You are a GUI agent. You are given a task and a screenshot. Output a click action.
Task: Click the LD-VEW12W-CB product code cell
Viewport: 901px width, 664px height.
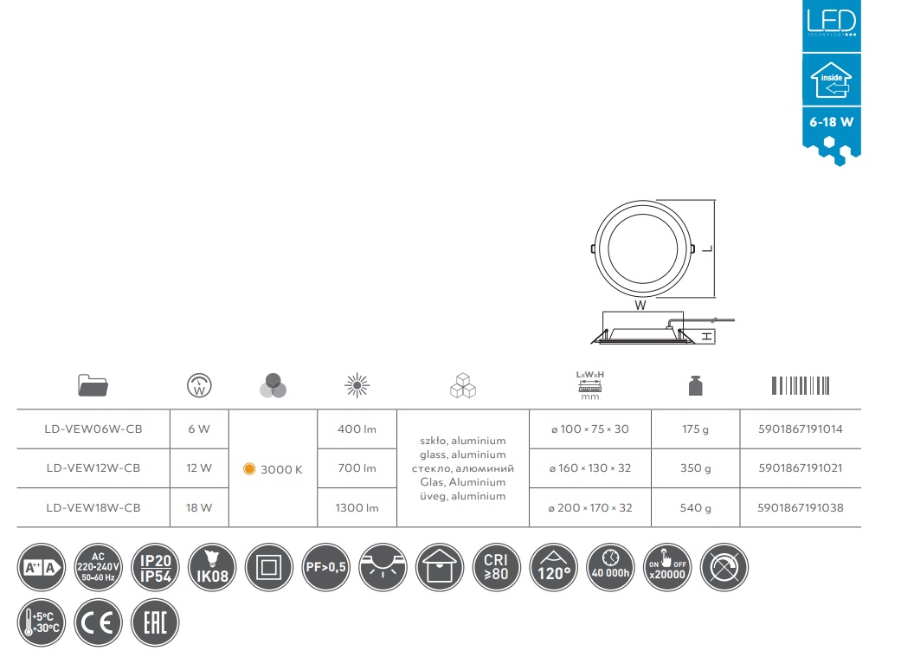click(93, 468)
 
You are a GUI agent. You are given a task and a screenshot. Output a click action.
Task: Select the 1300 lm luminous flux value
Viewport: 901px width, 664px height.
click(357, 507)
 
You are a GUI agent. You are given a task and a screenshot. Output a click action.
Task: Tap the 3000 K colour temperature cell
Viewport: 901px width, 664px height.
click(273, 469)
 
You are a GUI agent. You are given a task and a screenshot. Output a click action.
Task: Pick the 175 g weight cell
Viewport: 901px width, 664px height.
click(695, 429)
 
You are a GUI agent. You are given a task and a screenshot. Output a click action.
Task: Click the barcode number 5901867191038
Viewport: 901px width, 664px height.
click(801, 507)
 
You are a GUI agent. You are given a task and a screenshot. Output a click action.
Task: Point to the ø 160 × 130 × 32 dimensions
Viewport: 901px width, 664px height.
click(590, 468)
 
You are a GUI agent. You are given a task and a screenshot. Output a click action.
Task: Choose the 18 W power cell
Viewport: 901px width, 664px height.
click(199, 507)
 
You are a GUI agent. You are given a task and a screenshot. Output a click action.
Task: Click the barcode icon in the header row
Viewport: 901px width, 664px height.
click(801, 386)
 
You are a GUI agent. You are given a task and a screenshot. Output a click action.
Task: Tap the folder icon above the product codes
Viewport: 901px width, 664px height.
click(93, 385)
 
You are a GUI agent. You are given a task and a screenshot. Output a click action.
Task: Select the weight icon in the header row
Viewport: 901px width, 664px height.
click(695, 386)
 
